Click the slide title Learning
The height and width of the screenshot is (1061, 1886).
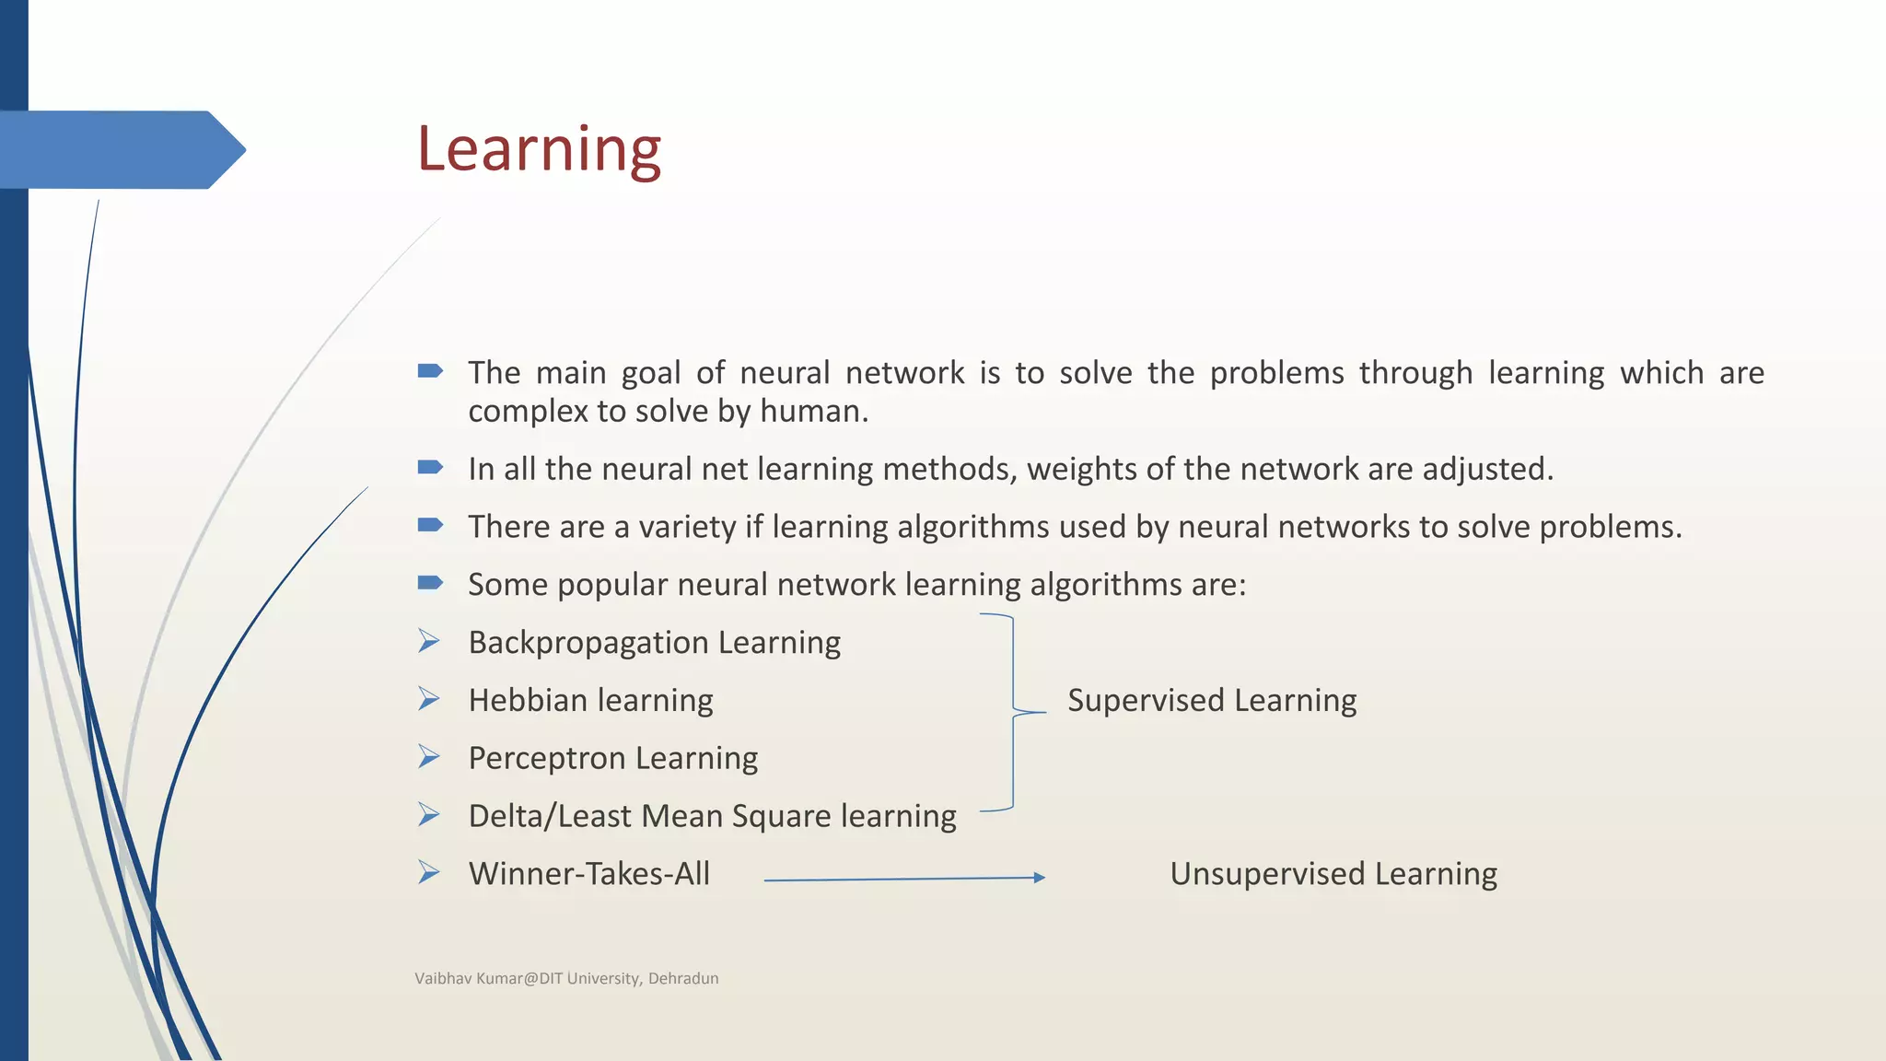[539, 149]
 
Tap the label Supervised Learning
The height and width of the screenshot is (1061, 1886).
[1212, 701]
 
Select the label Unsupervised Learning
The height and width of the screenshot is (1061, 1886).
[1333, 874]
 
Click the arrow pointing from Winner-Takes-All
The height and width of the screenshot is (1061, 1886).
[904, 880]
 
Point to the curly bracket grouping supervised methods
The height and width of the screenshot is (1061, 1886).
[1013, 712]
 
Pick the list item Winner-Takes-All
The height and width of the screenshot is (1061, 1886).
[589, 874]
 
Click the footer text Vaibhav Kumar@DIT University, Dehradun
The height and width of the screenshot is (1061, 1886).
[566, 979]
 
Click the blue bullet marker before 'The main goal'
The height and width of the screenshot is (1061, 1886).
[430, 371]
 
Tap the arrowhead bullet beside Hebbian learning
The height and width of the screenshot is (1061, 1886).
[428, 699]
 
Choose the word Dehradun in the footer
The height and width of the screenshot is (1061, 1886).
[683, 979]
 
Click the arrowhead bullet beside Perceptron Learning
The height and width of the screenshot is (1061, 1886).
[428, 757]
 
